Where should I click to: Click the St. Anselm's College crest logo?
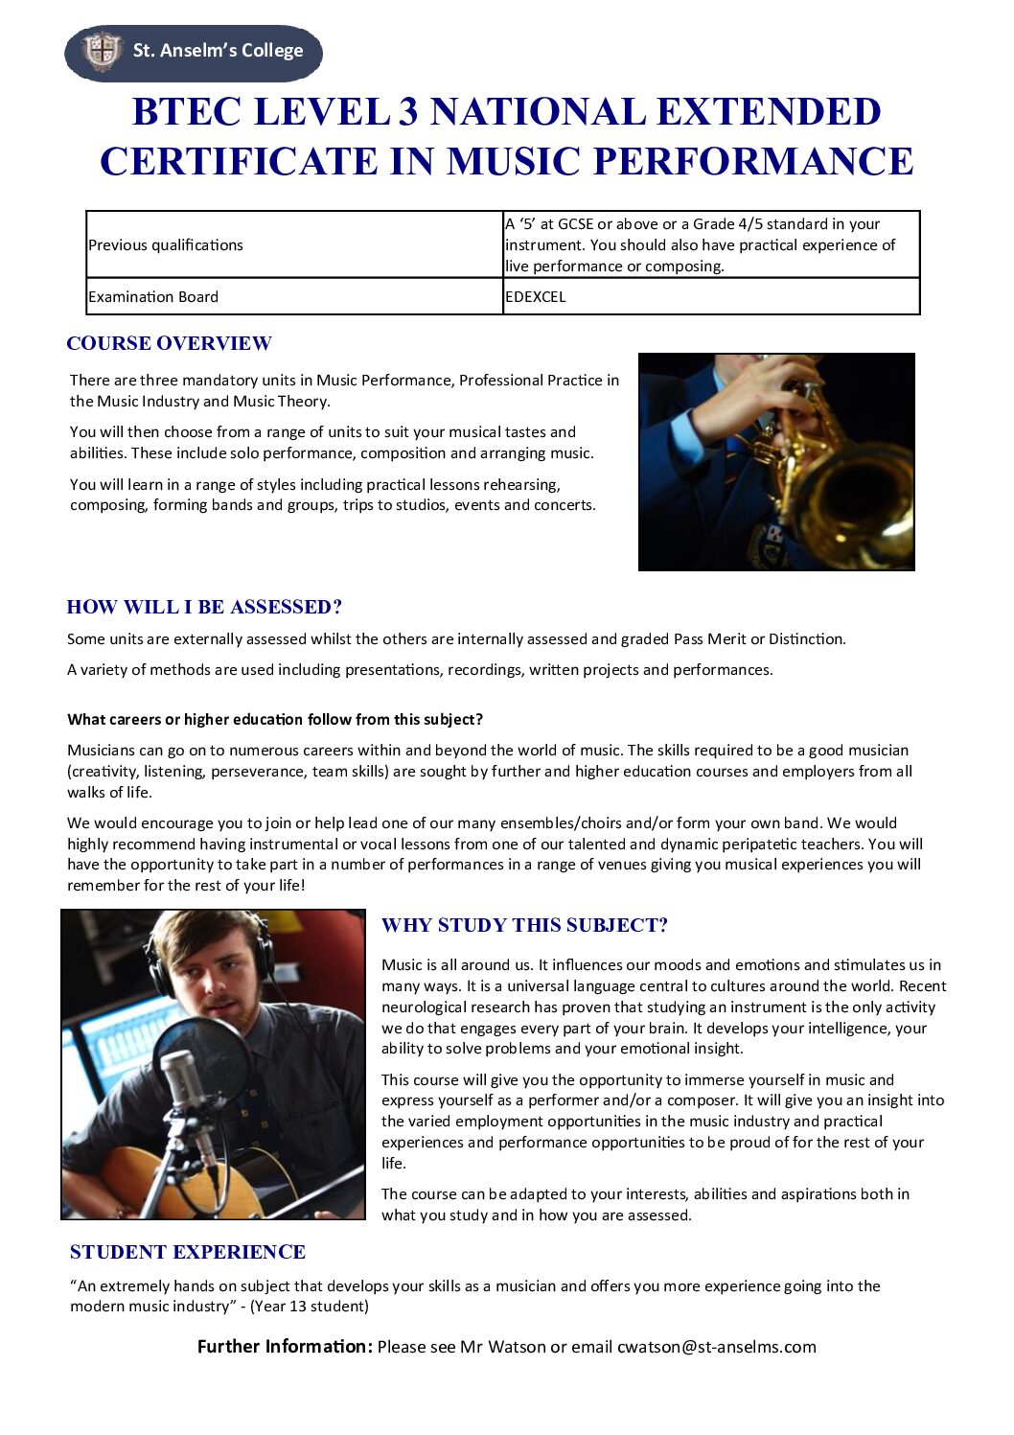pos(102,50)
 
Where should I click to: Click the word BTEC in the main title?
pos(186,112)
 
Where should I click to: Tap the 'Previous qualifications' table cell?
pos(166,245)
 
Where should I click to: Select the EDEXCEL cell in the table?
pos(536,297)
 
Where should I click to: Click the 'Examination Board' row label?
pos(153,297)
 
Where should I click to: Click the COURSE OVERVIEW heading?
pos(170,343)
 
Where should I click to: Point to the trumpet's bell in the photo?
pos(853,498)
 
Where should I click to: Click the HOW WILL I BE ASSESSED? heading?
pos(204,607)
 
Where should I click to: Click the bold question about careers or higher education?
pos(275,720)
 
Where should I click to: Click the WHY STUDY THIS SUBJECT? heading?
pos(524,925)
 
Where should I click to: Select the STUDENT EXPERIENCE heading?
pos(188,1252)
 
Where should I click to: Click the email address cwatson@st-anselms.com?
pos(717,1347)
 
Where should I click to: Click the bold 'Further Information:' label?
pos(285,1347)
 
